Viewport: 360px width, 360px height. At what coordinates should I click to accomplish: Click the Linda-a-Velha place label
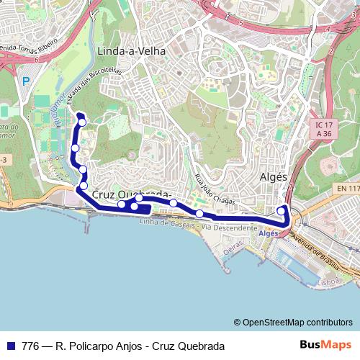pos(130,51)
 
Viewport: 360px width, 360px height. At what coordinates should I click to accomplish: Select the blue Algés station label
pos(268,234)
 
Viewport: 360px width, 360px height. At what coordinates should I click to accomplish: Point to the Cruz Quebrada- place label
pos(130,194)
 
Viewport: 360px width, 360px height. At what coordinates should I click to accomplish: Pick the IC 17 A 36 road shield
pos(325,128)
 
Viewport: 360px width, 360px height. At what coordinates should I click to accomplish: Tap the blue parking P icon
pos(27,81)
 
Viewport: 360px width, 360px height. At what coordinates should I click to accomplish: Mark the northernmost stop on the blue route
pos(82,122)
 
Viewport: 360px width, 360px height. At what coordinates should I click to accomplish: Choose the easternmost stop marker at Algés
pos(281,211)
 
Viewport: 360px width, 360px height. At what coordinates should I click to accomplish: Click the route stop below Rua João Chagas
pos(199,213)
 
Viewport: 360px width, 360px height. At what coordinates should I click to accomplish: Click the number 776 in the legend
pos(31,346)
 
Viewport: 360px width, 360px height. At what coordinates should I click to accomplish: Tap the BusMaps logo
pos(325,345)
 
